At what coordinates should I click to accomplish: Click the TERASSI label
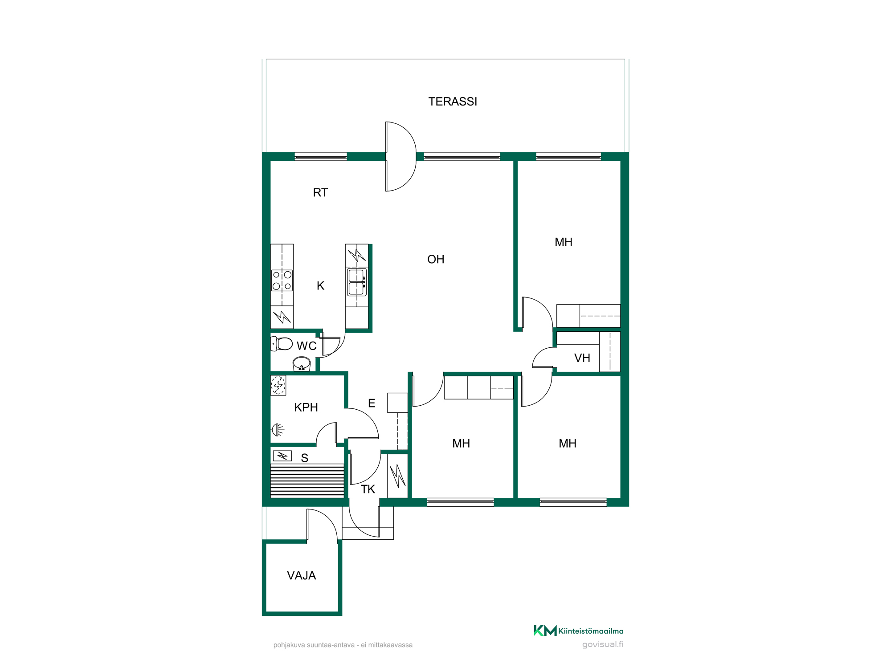click(453, 102)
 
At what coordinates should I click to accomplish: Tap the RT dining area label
click(320, 192)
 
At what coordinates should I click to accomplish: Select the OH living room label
click(436, 259)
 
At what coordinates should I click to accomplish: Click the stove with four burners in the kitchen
click(282, 280)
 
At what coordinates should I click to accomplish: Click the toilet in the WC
click(281, 344)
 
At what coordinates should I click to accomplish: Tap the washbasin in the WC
click(302, 363)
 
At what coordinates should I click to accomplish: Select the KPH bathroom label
click(306, 407)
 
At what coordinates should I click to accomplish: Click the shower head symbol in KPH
click(278, 430)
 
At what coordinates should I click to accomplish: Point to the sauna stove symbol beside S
click(282, 456)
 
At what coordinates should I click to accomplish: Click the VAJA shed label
click(302, 575)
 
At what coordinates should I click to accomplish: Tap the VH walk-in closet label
click(582, 358)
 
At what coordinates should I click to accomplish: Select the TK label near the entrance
click(368, 489)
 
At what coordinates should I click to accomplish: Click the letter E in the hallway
click(372, 403)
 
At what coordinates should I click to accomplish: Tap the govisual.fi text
click(603, 644)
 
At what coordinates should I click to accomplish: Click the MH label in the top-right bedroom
click(564, 242)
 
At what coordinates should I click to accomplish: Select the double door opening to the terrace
click(401, 156)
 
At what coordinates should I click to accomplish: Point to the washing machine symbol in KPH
click(278, 385)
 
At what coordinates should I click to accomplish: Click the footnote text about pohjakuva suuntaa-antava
click(343, 645)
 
